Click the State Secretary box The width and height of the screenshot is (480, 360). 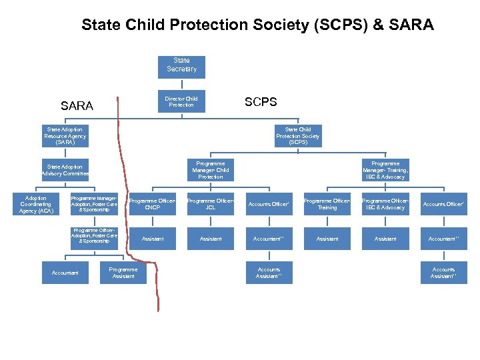[181, 65]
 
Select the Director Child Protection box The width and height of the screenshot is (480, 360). [181, 101]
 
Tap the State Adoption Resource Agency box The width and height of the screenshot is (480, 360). [65, 136]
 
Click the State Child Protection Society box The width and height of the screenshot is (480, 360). [298, 136]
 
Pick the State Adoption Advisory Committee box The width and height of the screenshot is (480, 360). [65, 170]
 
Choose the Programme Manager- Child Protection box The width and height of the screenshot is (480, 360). [211, 170]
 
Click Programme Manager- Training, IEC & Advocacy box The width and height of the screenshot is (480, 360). [385, 170]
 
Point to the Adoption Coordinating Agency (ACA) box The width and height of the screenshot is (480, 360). [36, 204]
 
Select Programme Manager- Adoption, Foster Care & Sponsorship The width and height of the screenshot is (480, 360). [94, 204]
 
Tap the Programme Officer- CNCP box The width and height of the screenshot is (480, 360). [153, 204]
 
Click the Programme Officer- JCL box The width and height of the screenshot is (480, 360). [211, 204]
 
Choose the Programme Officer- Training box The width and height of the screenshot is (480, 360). [327, 204]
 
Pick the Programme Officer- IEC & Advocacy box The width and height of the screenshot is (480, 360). [385, 204]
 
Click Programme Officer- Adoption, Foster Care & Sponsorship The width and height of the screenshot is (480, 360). [94, 238]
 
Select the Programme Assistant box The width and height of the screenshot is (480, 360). [123, 273]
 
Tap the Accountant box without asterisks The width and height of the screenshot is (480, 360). [65, 273]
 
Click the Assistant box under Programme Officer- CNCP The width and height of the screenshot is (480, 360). [153, 238]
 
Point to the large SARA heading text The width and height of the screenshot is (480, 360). [77, 106]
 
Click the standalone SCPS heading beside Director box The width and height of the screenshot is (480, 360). [261, 102]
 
